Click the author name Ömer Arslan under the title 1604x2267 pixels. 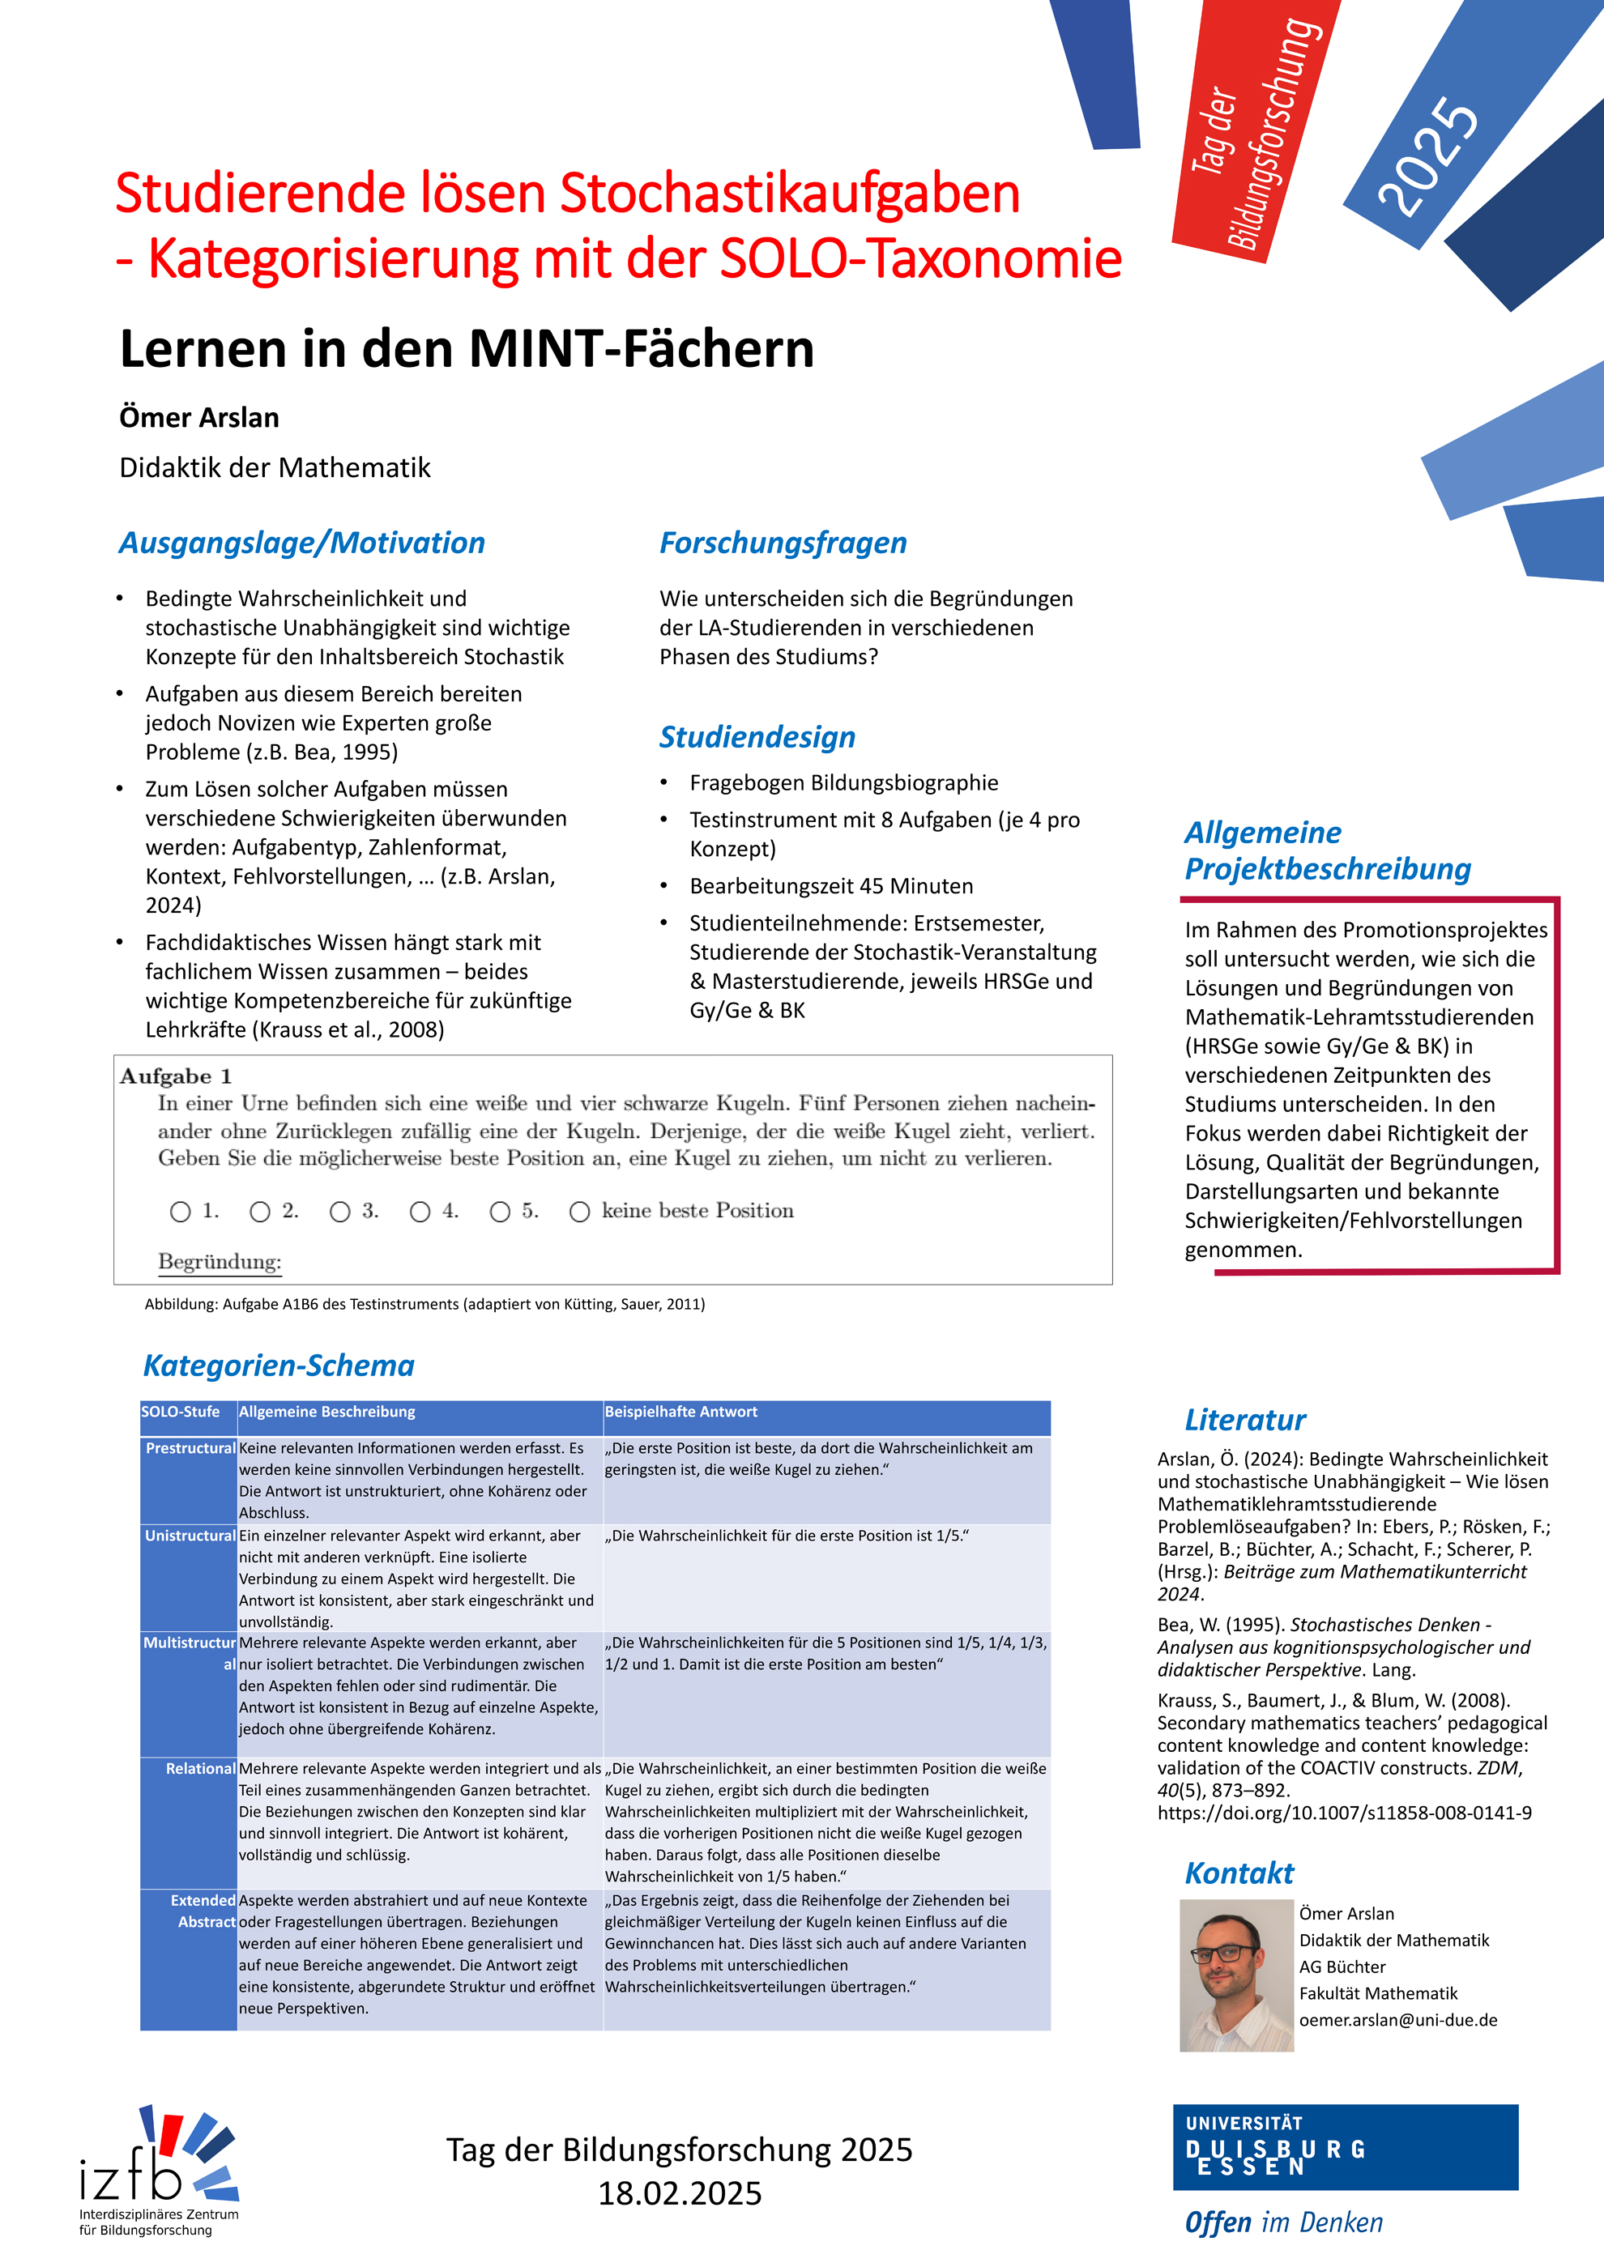click(198, 418)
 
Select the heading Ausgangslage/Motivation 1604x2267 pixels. click(301, 543)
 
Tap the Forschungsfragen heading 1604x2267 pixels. click(783, 543)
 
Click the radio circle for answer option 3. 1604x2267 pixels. click(339, 1212)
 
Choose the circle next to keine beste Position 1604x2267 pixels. click(580, 1212)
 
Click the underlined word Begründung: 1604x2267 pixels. click(220, 1262)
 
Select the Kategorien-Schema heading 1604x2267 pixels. click(279, 1366)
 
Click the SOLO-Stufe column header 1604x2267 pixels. click(181, 1412)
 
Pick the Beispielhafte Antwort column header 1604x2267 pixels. click(680, 1412)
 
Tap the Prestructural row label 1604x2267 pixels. click(190, 1448)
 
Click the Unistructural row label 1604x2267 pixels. click(190, 1536)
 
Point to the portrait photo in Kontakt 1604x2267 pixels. click(1235, 1975)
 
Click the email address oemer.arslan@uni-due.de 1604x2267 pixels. click(1397, 2020)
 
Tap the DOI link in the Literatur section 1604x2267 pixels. click(1344, 1813)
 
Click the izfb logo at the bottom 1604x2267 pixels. click(158, 2167)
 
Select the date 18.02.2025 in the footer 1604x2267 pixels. click(680, 2194)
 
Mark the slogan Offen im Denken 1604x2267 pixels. click(1283, 2222)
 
